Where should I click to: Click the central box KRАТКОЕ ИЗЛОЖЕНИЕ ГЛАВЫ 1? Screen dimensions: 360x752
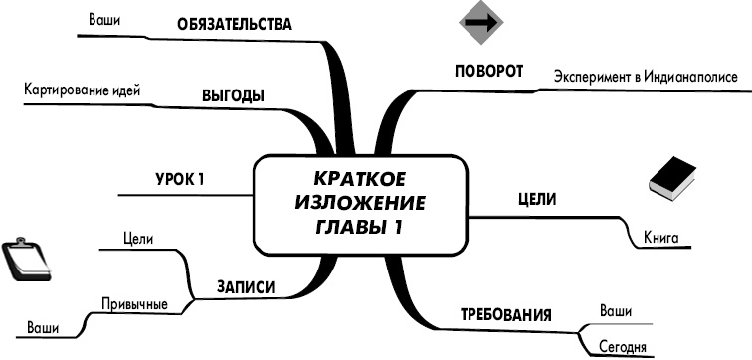tap(359, 203)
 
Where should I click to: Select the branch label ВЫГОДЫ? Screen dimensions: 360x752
tap(233, 96)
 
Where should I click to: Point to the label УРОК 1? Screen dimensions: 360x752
tap(180, 179)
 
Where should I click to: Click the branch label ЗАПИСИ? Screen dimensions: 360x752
tap(245, 288)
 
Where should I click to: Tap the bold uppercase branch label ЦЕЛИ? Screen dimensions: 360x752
tap(537, 199)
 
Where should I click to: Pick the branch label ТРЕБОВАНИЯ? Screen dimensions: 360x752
tap(505, 316)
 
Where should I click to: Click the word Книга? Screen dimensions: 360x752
tap(661, 239)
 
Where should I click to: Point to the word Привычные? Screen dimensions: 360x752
tap(134, 303)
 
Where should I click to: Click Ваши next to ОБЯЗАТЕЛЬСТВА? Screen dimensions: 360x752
tap(104, 19)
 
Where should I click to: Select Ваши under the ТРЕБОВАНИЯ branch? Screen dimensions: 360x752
tap(616, 311)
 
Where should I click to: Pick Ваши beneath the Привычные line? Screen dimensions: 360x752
tap(42, 327)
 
